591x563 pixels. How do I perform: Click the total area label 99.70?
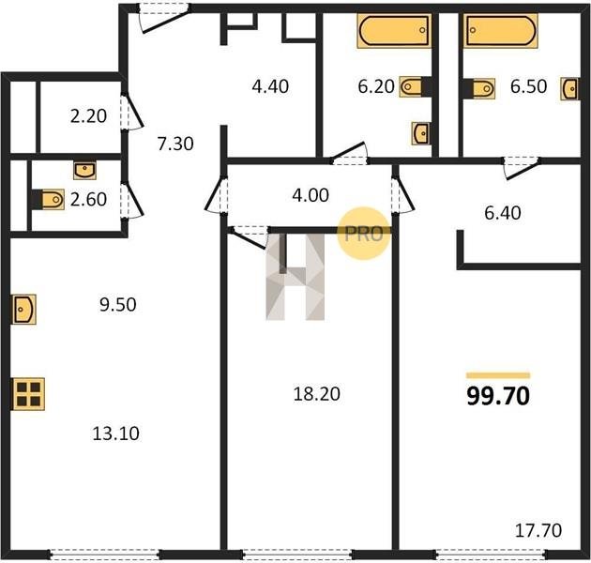(498, 396)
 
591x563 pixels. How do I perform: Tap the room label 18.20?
(317, 394)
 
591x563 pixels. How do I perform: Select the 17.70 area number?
(538, 530)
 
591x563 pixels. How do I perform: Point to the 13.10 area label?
(115, 434)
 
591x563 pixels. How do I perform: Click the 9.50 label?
(118, 305)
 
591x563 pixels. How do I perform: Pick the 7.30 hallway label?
(175, 144)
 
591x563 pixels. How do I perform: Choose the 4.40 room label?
(270, 86)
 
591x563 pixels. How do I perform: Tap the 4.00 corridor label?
(311, 195)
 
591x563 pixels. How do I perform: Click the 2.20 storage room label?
(88, 115)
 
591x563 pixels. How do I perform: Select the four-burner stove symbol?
(28, 394)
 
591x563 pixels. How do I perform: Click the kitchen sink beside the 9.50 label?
(24, 310)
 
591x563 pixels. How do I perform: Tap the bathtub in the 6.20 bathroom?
(394, 31)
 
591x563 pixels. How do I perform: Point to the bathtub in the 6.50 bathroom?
(501, 31)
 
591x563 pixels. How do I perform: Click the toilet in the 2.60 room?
(48, 200)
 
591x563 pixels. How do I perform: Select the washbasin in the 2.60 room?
(84, 170)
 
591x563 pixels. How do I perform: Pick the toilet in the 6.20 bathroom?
(416, 86)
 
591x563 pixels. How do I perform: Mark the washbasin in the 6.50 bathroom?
(569, 89)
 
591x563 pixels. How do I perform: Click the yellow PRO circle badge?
(363, 234)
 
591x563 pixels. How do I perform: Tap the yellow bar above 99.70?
(498, 375)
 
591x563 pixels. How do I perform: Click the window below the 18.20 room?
(297, 555)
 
